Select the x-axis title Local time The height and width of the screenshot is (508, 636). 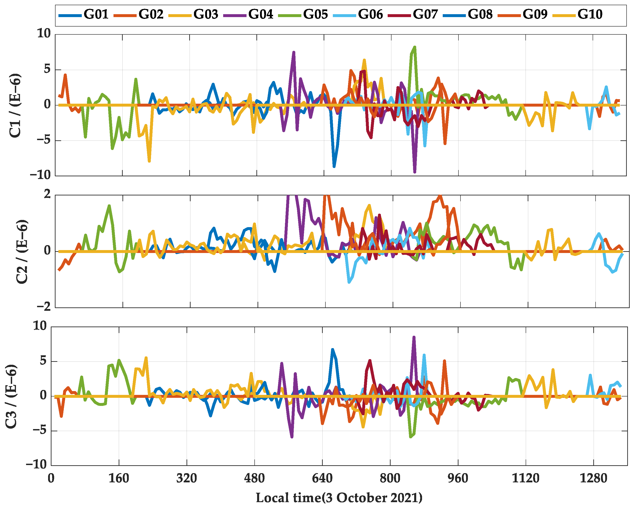point(339,498)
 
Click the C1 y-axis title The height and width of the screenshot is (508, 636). point(15,105)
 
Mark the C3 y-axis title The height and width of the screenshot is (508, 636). point(11,396)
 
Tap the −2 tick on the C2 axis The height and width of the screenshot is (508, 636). point(44,307)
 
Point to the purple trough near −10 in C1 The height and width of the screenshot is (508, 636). point(415,172)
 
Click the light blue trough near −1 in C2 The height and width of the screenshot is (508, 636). point(349,282)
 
